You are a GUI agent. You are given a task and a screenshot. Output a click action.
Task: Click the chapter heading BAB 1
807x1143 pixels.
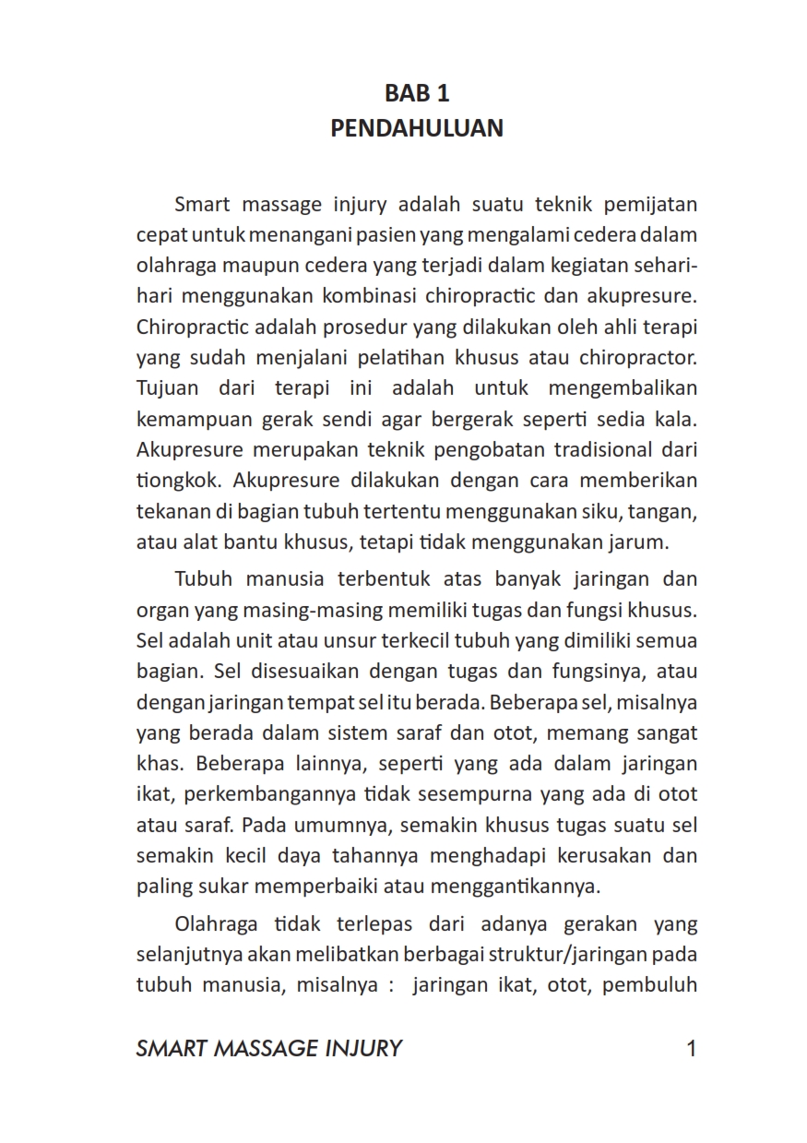pyautogui.click(x=417, y=93)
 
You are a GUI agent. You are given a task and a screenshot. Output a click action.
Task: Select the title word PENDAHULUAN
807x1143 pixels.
pyautogui.click(x=417, y=127)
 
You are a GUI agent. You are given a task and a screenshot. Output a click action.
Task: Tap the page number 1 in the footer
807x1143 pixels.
pyautogui.click(x=691, y=1048)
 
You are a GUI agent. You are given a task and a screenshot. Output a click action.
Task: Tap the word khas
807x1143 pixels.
pyautogui.click(x=159, y=764)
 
